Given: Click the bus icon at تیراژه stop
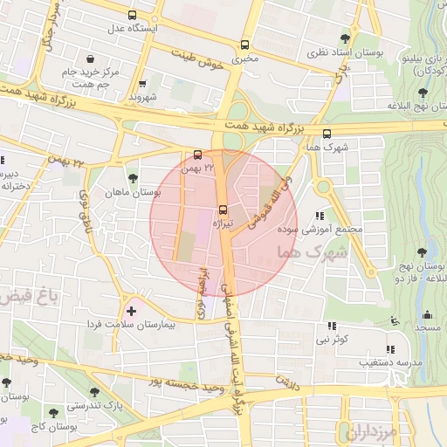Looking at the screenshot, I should point(223,210).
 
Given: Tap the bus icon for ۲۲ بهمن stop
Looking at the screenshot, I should point(197,155).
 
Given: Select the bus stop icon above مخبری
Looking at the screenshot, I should point(245,45).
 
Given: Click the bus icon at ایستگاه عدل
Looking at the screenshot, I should point(132,15).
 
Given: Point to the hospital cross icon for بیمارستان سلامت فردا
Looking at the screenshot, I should point(131,311).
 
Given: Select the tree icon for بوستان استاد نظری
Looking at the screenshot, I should point(346,38).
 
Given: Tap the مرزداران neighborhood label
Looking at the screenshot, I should point(371,431).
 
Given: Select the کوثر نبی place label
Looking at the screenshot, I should point(332,337).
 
